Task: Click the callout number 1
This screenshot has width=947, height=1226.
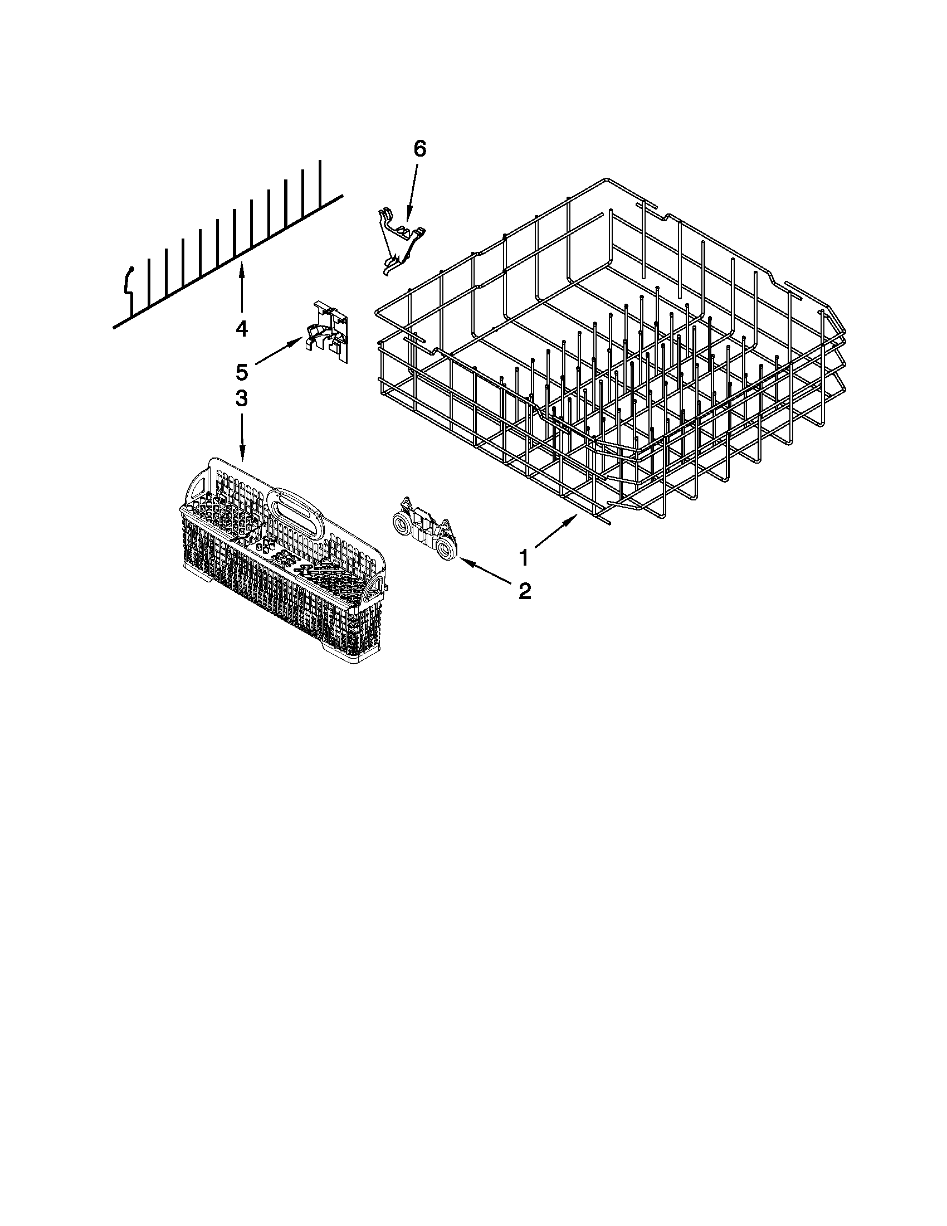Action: (523, 558)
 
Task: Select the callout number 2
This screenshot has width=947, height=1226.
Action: (525, 591)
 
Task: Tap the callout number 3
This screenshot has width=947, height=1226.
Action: (241, 398)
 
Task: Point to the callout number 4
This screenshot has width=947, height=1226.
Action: (241, 328)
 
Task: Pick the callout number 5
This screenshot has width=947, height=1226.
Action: (241, 372)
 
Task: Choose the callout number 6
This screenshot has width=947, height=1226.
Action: (419, 149)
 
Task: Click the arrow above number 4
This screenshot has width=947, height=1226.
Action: (242, 289)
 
